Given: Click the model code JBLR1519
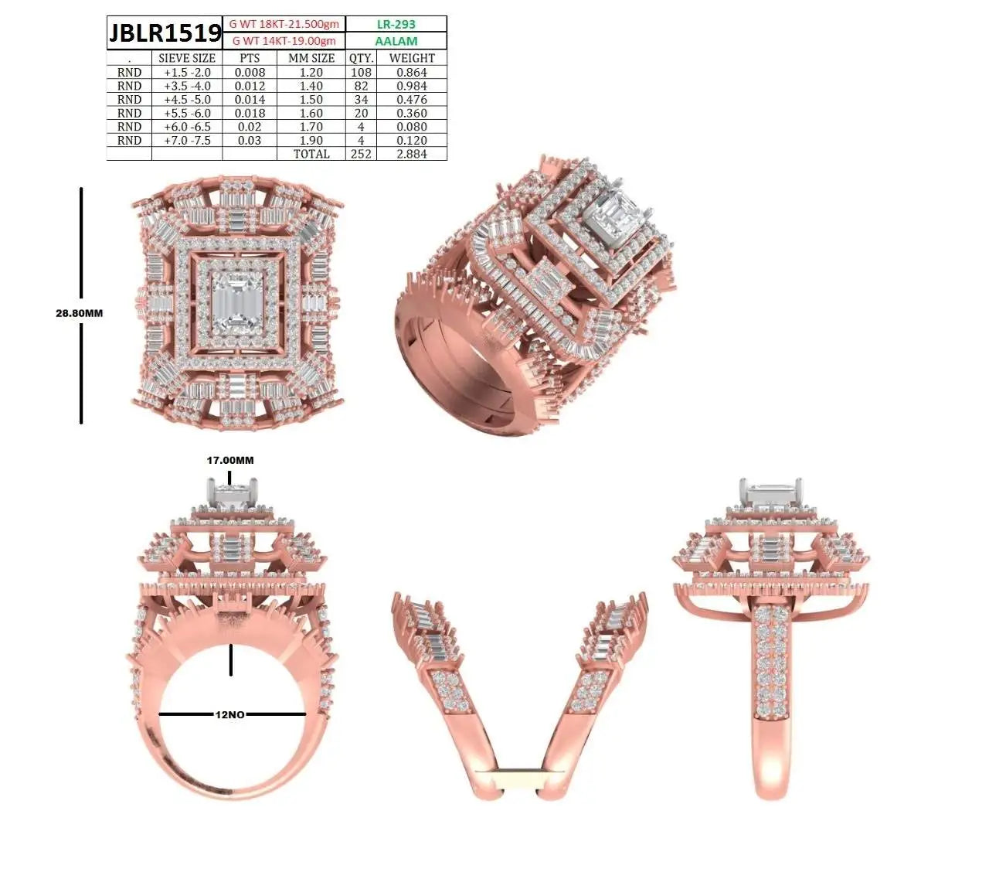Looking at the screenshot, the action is point(165,32).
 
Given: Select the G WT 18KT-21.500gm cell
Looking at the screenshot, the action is point(284,24).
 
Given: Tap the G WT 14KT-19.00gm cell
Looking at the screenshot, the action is point(284,40).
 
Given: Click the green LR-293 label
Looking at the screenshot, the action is point(396,24).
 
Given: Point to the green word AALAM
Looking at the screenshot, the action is point(396,41).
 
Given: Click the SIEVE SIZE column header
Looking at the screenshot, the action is point(187,58).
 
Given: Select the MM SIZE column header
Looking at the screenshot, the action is point(311,58).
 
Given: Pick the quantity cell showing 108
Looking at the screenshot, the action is point(361,73).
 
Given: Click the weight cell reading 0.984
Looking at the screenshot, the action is point(412,86).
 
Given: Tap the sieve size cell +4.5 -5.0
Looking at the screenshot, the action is point(187,100).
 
